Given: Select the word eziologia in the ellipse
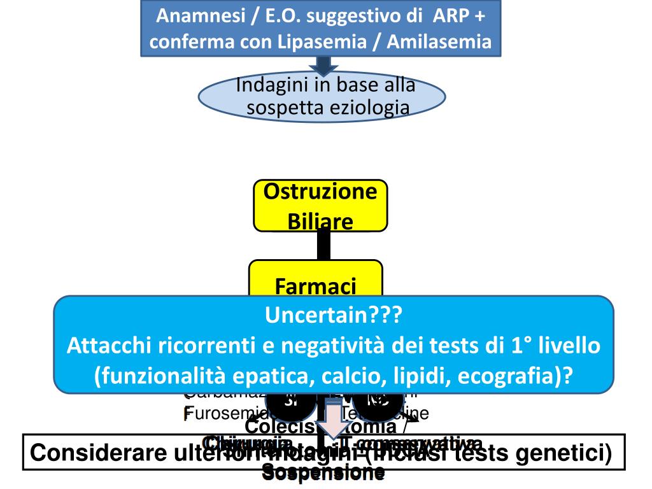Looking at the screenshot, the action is [372, 107].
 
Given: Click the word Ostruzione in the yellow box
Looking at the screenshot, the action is [320, 192].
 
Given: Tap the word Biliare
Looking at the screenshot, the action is [320, 221].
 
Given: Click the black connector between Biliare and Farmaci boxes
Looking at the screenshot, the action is [323, 245].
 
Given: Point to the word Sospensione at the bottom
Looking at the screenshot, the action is [323, 472].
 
